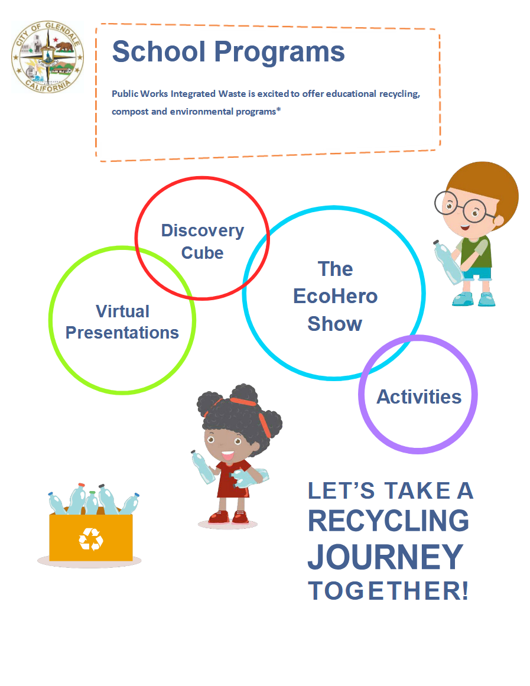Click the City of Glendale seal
48,58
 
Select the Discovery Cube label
202,241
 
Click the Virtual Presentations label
122,322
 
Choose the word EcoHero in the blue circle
335,296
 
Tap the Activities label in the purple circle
419,396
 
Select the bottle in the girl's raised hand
203,467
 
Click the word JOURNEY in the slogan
385,557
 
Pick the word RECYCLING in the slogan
388,521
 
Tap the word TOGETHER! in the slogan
388,591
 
